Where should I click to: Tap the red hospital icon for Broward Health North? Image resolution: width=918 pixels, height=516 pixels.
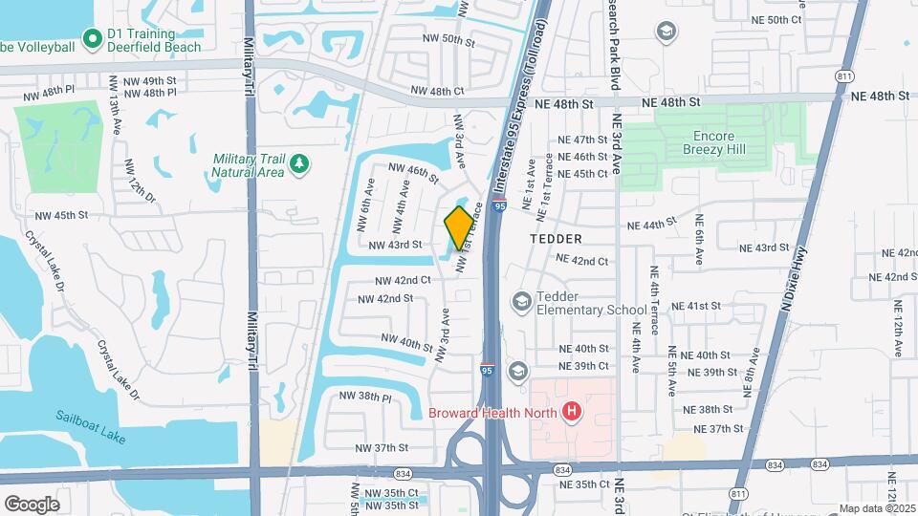pyautogui.click(x=572, y=412)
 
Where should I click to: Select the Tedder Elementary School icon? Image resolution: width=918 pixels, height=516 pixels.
pyautogui.click(x=521, y=303)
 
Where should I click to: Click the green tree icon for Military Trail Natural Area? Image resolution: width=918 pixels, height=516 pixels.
pyautogui.click(x=300, y=164)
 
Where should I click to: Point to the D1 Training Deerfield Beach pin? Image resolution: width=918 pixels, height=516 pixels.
pyautogui.click(x=93, y=39)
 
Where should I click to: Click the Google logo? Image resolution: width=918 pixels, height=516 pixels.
pyautogui.click(x=32, y=504)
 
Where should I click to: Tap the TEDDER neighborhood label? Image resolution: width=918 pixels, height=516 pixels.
pyautogui.click(x=556, y=238)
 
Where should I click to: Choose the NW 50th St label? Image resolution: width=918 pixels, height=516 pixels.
pyautogui.click(x=448, y=40)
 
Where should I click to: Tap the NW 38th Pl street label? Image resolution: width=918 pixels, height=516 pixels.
pyautogui.click(x=368, y=396)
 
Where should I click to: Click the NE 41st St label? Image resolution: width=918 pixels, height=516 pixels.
pyautogui.click(x=695, y=306)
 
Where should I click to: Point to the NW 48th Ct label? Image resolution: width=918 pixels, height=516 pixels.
pyautogui.click(x=437, y=92)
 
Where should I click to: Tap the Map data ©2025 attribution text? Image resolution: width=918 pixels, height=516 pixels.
pyautogui.click(x=877, y=508)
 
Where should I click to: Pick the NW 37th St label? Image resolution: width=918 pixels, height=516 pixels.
pyautogui.click(x=382, y=447)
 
